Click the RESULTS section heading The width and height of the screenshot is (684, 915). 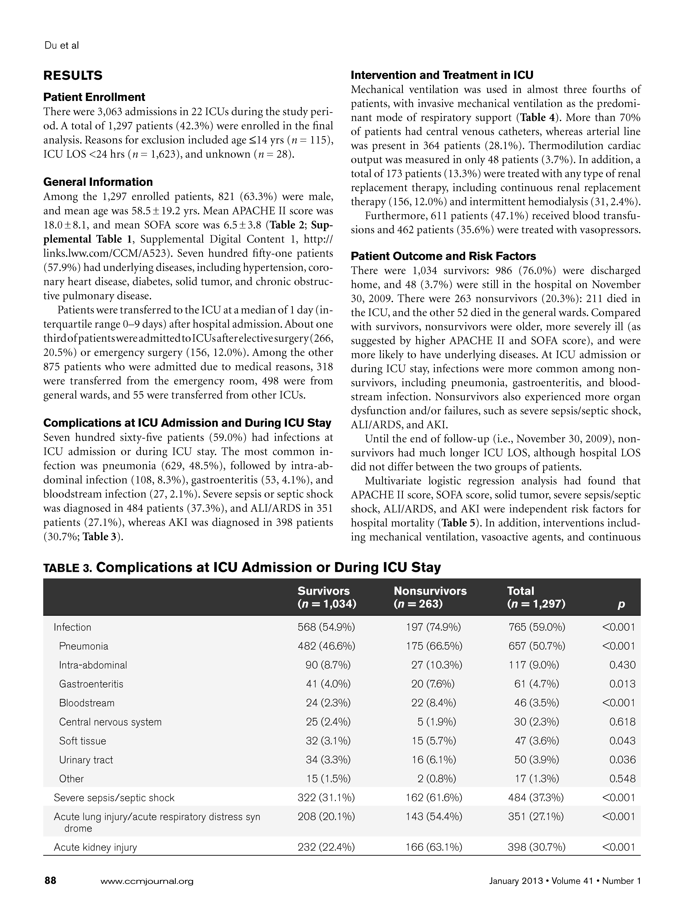tap(73, 76)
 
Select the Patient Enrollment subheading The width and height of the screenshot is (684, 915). tap(94, 97)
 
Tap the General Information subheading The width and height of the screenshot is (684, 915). tap(98, 182)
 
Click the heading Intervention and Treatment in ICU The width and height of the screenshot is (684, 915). tap(442, 75)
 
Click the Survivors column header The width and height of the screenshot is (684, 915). tap(326, 597)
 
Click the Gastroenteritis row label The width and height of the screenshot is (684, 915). tap(91, 684)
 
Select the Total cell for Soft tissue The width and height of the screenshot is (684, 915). tap(537, 740)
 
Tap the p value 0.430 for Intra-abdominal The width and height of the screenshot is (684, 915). tap(622, 665)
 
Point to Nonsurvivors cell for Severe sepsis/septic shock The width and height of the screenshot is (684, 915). tap(434, 797)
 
